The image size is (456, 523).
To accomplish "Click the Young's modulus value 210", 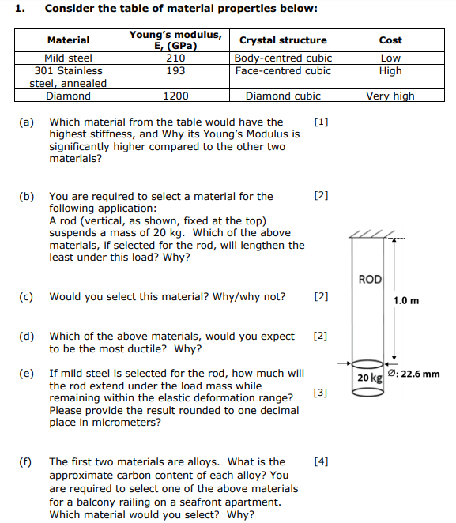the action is click(x=175, y=58).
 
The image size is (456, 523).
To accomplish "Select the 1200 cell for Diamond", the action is click(x=175, y=96).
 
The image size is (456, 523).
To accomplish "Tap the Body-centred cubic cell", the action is click(x=283, y=58).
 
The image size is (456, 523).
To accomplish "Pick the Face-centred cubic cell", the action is click(x=283, y=70).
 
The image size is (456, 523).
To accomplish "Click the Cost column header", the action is click(x=390, y=40).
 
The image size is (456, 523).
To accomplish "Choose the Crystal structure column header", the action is click(x=283, y=40).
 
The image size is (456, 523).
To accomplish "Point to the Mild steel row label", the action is click(x=68, y=58).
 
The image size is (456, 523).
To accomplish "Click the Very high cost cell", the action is click(x=390, y=96).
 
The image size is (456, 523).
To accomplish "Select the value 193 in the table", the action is click(x=175, y=70).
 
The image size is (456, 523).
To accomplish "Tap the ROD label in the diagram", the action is click(x=370, y=279).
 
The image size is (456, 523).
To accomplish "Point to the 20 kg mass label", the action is click(x=369, y=378).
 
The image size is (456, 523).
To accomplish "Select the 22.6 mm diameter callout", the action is click(x=414, y=374).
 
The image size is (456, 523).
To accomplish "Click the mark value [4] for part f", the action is click(x=320, y=461).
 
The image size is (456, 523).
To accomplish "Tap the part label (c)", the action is click(x=26, y=297).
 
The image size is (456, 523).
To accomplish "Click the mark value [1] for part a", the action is click(x=320, y=122).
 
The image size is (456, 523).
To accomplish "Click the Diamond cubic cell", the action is click(x=283, y=96).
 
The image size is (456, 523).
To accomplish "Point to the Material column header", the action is click(x=68, y=40).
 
